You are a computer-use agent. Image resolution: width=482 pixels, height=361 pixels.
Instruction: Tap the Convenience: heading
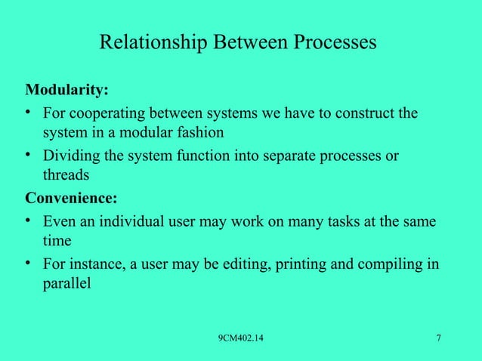coord(72,200)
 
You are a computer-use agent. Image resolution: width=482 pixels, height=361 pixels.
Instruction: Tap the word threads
coord(66,175)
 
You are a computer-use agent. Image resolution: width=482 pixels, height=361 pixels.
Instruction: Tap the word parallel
coord(66,284)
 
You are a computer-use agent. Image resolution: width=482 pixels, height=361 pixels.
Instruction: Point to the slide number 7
coord(439,337)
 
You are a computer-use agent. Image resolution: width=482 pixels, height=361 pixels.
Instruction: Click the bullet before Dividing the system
coord(29,156)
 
